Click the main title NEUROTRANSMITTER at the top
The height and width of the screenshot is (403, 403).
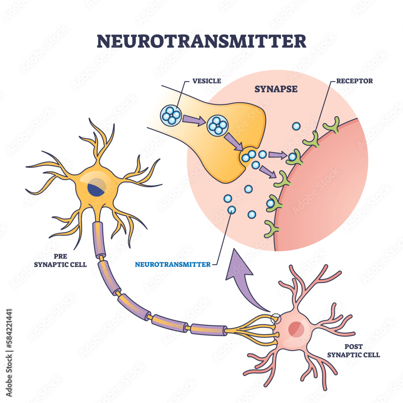201,41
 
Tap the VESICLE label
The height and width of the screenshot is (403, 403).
206,81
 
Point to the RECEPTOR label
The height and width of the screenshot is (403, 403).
353,81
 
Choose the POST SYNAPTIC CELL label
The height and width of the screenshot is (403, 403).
353,351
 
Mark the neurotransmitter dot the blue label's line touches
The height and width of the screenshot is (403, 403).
231,210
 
